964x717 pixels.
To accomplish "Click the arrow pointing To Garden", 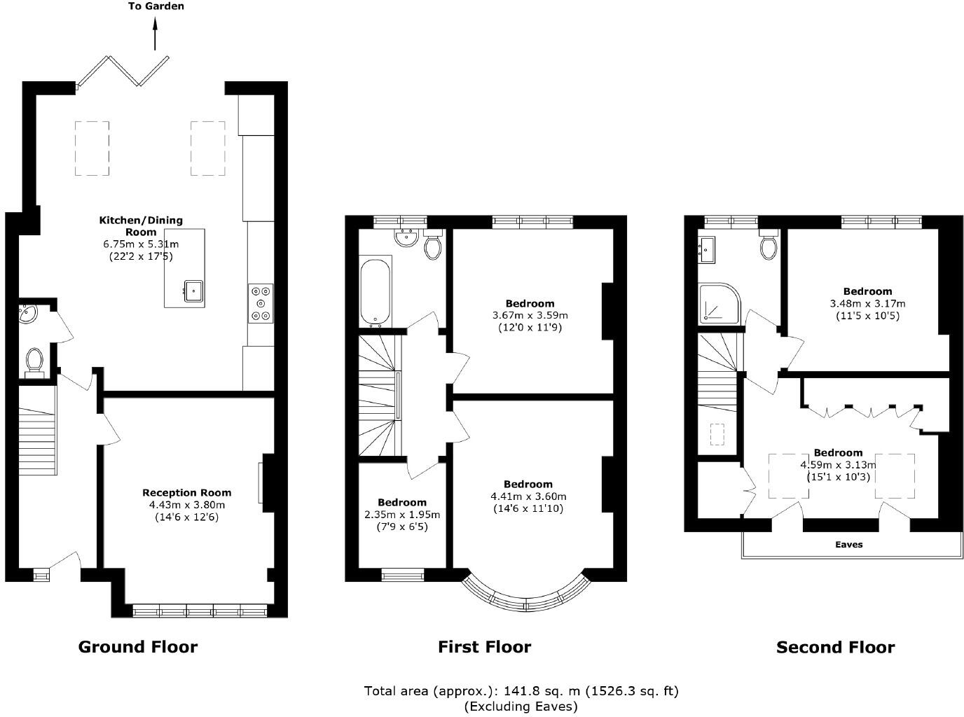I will pos(156,34).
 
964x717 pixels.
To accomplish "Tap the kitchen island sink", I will pos(193,289).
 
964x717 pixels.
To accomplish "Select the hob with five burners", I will pos(261,303).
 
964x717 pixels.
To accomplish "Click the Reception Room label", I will pos(186,493).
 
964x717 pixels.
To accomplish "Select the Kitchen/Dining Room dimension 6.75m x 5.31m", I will pos(141,244).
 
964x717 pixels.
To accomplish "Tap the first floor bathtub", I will pos(376,292).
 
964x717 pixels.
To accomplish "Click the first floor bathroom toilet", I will pos(432,246).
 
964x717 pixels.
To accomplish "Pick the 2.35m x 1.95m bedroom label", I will pos(401,515).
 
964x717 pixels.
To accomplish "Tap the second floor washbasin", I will pos(706,249).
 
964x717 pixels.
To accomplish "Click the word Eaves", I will pos(848,544).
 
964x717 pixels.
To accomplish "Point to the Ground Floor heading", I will pos(138,646).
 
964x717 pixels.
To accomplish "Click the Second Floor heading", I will pos(835,647).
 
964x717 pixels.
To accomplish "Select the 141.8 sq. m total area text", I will pos(521,691).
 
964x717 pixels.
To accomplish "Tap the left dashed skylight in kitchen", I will pos(92,148).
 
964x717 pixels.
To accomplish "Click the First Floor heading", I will pos(484,646).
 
